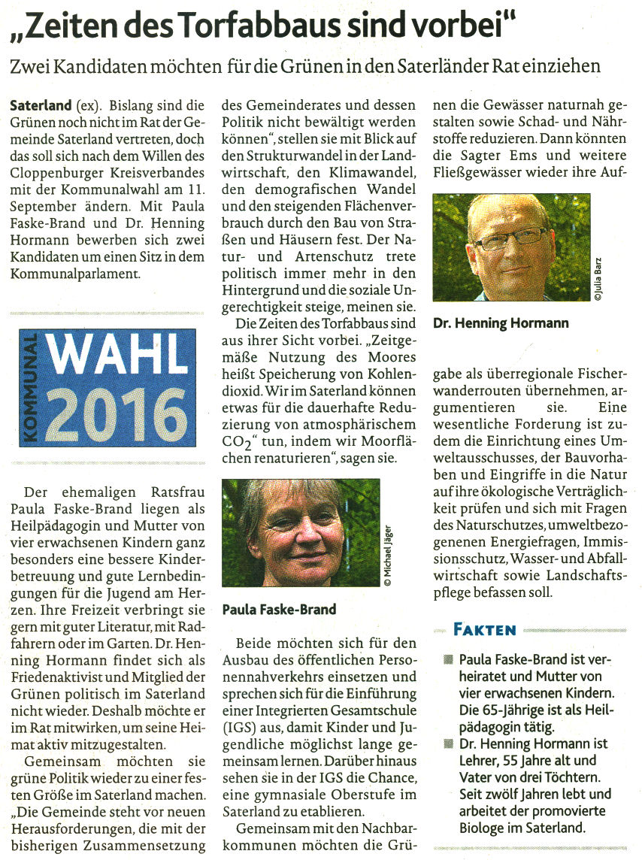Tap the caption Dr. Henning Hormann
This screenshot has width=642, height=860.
(x=501, y=323)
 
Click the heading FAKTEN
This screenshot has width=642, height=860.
(x=484, y=629)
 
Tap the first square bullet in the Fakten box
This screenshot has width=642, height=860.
(x=448, y=659)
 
